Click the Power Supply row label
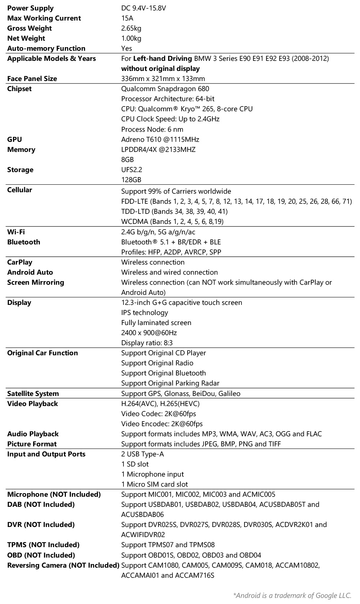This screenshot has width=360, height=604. click(x=30, y=8)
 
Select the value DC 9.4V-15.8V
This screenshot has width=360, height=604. click(x=143, y=8)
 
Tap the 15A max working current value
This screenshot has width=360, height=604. click(x=127, y=18)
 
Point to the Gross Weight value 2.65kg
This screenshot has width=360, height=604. click(x=131, y=28)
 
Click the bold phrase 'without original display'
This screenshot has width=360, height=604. click(x=160, y=68)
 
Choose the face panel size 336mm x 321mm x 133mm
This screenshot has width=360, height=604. click(x=163, y=78)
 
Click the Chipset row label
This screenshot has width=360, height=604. click(x=19, y=89)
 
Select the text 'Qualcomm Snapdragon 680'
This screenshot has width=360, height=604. click(x=165, y=89)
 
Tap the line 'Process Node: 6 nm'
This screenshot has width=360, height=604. click(x=152, y=129)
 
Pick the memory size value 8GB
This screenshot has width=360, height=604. click(x=127, y=159)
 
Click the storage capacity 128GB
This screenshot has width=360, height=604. click(x=131, y=180)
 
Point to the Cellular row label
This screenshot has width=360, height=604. click(x=19, y=190)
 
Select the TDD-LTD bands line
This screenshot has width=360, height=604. click(x=174, y=211)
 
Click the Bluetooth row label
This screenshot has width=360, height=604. click(x=24, y=242)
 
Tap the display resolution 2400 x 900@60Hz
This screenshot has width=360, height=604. click(x=149, y=333)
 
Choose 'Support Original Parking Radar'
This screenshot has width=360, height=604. click(x=170, y=383)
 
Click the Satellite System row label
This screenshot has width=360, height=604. click(x=33, y=393)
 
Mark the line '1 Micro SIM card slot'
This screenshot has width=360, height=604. click(x=154, y=484)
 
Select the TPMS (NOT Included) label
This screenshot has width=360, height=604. click(x=43, y=545)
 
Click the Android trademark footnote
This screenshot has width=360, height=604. click(x=292, y=595)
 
